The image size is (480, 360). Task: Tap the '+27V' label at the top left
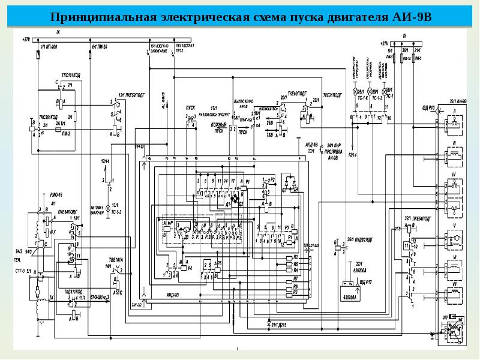pos(26,40)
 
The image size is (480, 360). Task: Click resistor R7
pos(295,280)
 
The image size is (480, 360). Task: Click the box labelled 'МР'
pos(170,223)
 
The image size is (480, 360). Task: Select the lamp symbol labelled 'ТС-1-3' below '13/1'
pos(109,208)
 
